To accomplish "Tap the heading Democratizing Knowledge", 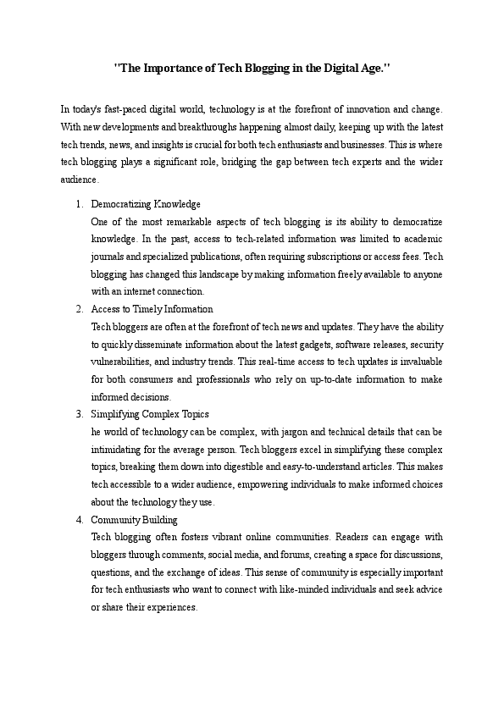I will coord(146,204).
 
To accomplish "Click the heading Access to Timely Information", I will coord(152,309).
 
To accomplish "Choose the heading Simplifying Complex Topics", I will coord(150,414).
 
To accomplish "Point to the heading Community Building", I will coord(134,519).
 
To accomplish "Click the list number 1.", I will coord(78,204).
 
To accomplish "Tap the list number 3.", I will coord(78,414).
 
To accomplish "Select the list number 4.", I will coord(78,519).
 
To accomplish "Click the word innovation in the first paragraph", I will coord(368,109).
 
